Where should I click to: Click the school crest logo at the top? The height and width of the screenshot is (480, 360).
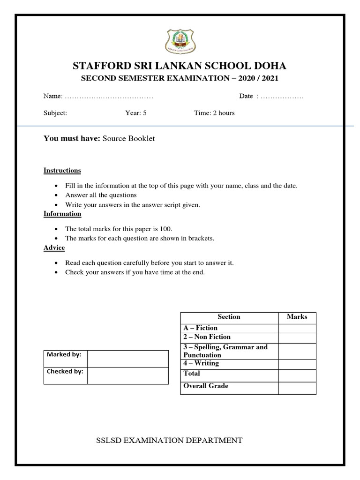[x=180, y=41]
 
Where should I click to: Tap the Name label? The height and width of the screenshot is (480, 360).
[x=52, y=96]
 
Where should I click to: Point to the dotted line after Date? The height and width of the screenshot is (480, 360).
[x=282, y=96]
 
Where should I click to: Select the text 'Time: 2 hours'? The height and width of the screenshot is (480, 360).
[x=214, y=113]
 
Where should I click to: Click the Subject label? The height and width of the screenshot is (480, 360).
[x=55, y=113]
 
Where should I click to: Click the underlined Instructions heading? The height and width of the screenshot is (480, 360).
[x=62, y=170]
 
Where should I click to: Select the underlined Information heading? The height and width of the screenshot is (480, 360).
[x=62, y=214]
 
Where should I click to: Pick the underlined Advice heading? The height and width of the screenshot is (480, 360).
[x=54, y=247]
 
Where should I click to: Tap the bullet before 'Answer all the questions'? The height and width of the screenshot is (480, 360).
[x=56, y=195]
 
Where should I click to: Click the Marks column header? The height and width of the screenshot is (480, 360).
[x=297, y=317]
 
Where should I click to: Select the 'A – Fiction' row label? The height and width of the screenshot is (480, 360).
[x=201, y=328]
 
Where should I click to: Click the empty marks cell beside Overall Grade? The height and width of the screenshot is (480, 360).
[x=297, y=388]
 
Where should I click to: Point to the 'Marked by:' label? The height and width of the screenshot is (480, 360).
[x=64, y=355]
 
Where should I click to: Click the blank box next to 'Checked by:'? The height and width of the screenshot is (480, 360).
[x=127, y=375]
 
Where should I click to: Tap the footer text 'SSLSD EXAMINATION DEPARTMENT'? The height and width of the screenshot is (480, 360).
[x=169, y=440]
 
